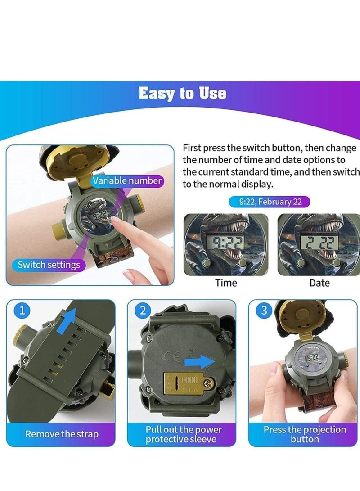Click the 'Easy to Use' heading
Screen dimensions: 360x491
(182, 93)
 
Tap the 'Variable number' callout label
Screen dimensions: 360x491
(127, 180)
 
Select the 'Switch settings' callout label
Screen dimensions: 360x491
(49, 265)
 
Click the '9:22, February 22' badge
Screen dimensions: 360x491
(270, 202)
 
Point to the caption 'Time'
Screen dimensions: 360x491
(226, 283)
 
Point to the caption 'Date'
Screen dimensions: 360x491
(319, 283)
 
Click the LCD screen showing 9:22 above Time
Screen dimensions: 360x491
(226, 243)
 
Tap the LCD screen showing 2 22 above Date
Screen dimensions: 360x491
(319, 243)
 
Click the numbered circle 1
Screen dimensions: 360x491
(22, 311)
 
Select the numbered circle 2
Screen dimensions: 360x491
(143, 311)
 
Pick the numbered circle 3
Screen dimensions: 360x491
(264, 311)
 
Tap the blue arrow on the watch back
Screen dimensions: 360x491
(199, 362)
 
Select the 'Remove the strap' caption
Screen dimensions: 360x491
(62, 434)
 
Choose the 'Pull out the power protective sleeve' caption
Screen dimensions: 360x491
(184, 434)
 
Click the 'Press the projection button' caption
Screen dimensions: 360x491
(305, 434)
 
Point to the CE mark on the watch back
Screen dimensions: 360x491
(172, 356)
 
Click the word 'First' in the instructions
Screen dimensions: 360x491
(192, 148)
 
